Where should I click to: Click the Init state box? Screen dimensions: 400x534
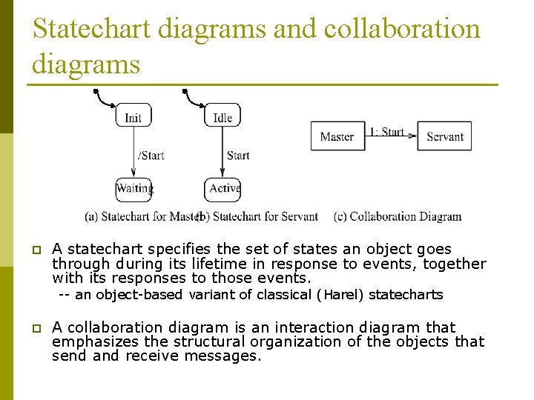[x=133, y=116]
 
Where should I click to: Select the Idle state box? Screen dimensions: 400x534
[x=222, y=116]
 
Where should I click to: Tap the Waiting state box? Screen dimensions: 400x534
[x=134, y=189]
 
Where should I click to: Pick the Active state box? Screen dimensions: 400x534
[x=223, y=189]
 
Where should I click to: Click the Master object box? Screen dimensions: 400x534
[x=337, y=136]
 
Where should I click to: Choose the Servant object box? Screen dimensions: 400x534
[x=444, y=136]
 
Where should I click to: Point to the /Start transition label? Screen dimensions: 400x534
[x=151, y=156]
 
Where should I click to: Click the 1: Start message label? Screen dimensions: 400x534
[x=386, y=132]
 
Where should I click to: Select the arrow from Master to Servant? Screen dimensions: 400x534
[x=391, y=139]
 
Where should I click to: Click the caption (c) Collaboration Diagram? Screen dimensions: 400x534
[x=398, y=217]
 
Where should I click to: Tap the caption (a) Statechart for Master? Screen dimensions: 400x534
[x=142, y=217]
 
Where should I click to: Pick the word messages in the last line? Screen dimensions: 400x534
[x=230, y=356]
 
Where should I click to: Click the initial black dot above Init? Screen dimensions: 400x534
[x=96, y=92]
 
